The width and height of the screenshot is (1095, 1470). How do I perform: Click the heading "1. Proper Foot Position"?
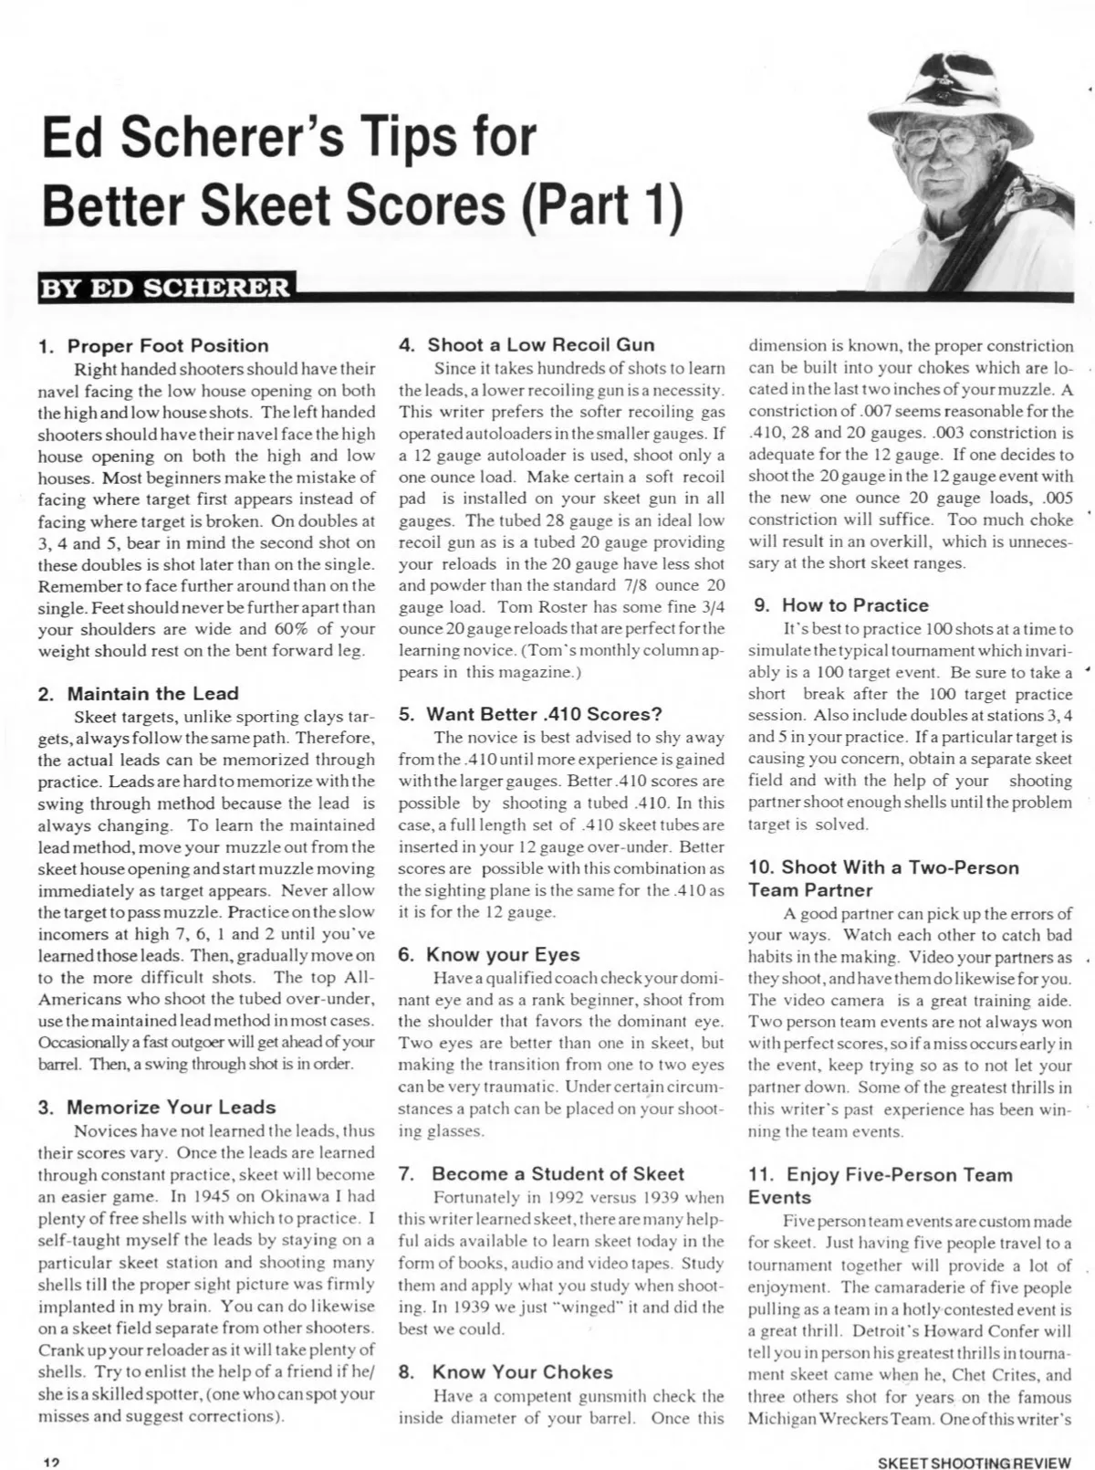point(154,346)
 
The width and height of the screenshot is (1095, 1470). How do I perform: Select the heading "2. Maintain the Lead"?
point(139,694)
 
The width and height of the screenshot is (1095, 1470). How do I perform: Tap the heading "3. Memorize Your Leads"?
point(157,1108)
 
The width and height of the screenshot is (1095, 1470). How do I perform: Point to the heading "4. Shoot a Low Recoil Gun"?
point(527,345)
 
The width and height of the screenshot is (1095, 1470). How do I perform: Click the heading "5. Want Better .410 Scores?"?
point(531,714)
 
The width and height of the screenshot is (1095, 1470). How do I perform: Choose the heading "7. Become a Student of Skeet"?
point(542,1174)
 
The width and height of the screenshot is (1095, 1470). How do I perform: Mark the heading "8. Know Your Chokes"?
point(506,1372)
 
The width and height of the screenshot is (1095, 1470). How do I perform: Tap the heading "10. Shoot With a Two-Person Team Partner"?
point(883,878)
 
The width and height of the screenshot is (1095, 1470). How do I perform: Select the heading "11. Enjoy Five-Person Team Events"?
point(880,1186)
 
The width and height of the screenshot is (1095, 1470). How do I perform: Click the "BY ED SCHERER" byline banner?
point(165,288)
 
